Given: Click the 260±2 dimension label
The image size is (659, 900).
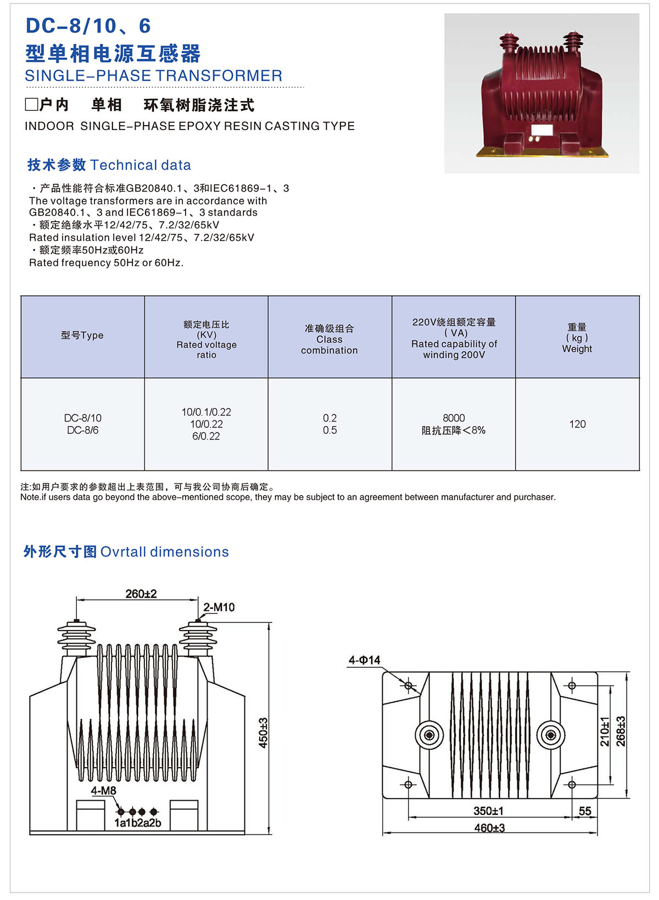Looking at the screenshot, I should pos(141,594).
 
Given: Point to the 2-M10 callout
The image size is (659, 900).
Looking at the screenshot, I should pos(219,607).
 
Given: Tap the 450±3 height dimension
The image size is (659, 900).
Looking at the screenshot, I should pos(264,733).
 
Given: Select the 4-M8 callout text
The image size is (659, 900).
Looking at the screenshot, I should pos(103,791).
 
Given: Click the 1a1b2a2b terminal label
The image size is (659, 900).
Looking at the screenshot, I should pos(137,823).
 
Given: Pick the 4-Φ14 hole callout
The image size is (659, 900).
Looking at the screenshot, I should pos(364,660).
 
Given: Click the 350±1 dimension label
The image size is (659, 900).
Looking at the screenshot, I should pos(488,811).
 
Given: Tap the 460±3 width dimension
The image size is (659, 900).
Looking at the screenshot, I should pos(489,828).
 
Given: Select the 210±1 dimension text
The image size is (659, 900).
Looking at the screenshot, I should pos(605,732).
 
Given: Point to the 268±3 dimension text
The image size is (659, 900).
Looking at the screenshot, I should pos(621,732).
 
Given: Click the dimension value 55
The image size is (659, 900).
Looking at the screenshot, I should pos(585,811).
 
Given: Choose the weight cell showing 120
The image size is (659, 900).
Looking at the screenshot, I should pos(577,424).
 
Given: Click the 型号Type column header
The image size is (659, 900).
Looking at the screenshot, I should pos(82,335).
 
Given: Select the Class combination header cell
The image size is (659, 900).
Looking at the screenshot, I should pos(329,340).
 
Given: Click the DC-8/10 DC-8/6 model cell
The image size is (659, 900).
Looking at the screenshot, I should pos(82,424).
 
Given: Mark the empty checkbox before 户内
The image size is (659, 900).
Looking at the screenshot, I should pos(31,104).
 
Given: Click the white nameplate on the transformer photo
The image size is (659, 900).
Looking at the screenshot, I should pos(541,130).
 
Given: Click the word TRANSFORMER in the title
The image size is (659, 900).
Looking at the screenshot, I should pos(221,76).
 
